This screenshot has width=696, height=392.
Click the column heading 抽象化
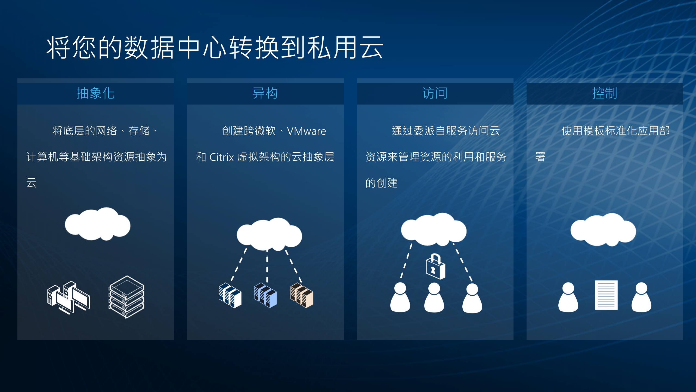click(95, 93)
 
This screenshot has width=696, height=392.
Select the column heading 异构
click(265, 93)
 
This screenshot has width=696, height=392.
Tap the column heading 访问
click(435, 93)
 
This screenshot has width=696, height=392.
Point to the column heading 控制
click(605, 93)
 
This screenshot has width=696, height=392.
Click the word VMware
click(307, 131)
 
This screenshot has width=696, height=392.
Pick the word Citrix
click(222, 157)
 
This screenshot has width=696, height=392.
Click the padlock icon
click(435, 267)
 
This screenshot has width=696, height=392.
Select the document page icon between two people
click(606, 295)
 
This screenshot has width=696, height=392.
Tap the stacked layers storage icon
click(126, 297)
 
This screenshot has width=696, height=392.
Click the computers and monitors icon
click(69, 298)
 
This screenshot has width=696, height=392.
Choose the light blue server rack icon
click(265, 295)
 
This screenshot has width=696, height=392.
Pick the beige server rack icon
click(302, 295)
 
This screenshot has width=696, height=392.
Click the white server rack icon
click(230, 295)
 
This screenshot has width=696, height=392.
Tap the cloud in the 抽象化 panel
click(98, 224)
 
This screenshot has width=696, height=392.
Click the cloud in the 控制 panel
click(603, 230)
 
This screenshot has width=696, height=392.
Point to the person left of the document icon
click(568, 297)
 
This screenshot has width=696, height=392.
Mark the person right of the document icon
click(641, 297)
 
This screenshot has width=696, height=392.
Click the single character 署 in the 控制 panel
click(540, 157)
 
